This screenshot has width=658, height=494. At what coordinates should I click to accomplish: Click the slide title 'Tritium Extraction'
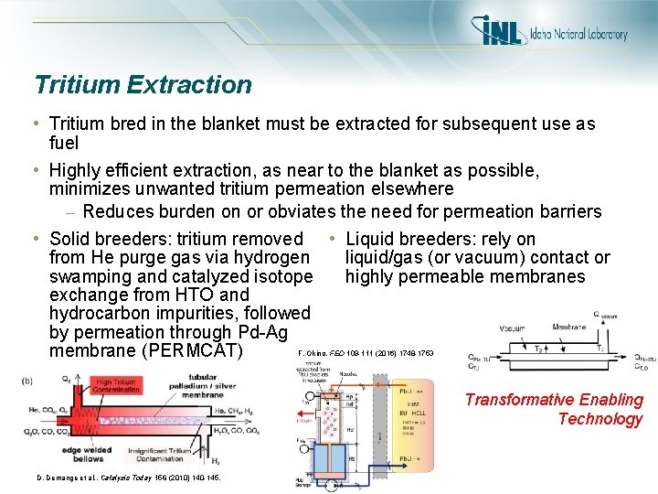[143, 85]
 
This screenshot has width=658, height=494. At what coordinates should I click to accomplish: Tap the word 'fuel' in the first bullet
[64, 143]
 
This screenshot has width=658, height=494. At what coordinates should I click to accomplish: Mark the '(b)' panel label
[30, 380]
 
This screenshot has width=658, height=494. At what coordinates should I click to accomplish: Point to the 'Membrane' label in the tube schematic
[570, 325]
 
